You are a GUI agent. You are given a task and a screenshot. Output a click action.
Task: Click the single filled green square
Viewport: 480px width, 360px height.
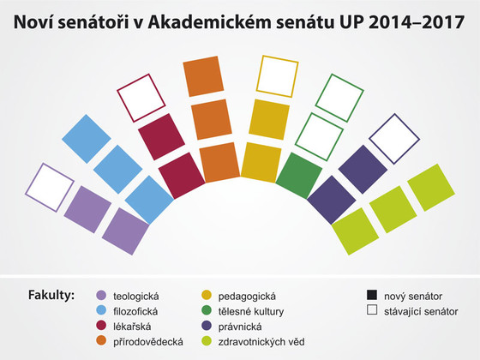pos(299,176)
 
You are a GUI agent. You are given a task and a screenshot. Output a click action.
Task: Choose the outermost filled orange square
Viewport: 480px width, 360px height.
pos(203,76)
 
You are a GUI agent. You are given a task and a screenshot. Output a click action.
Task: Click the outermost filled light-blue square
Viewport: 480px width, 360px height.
pos(87,139)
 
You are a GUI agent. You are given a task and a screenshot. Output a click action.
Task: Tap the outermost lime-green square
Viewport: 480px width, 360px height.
pos(431,188)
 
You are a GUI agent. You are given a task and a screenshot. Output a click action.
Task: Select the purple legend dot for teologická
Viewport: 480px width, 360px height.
pos(101,296)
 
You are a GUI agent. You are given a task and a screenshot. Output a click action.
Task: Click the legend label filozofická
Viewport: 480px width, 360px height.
pos(135,311)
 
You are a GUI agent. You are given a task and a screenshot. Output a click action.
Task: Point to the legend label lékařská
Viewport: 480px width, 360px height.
pos(132,327)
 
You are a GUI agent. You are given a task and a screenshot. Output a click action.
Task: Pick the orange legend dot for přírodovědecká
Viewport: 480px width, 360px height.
pos(101,341)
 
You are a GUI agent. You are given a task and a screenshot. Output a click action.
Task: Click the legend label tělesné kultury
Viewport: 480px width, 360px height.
pos(251,311)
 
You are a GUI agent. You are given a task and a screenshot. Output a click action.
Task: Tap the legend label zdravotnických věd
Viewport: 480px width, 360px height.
pos(261,342)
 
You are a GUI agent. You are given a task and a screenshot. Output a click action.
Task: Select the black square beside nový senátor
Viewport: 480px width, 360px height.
pos(372,295)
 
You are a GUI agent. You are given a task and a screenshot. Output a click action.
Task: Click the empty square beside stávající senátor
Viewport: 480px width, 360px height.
pos(372,310)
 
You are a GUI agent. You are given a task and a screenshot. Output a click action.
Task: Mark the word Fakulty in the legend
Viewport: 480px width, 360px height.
pos(51,296)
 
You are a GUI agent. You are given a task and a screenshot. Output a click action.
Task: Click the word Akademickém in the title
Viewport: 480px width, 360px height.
pos(210,22)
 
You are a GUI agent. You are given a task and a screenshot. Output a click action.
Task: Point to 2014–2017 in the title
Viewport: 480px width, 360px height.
pos(417,22)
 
